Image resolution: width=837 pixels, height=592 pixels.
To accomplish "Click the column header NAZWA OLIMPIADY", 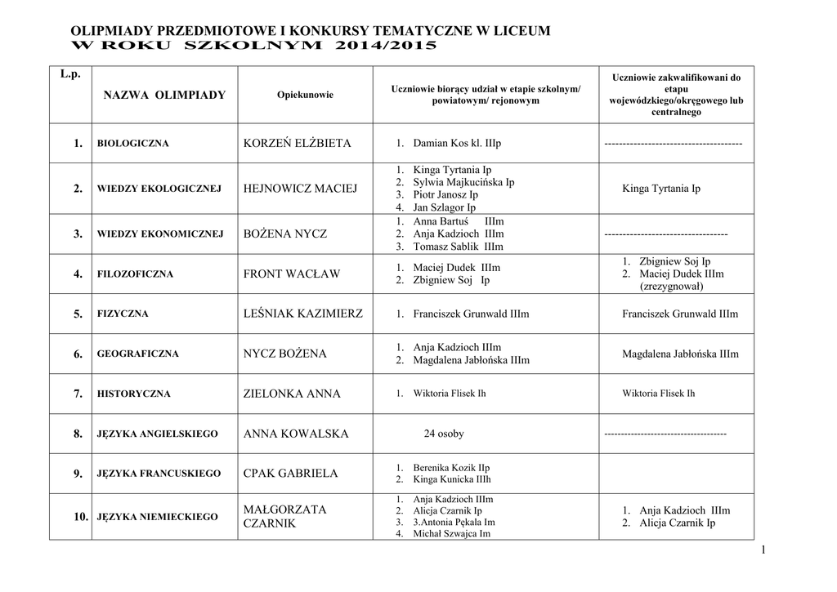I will click(164, 96).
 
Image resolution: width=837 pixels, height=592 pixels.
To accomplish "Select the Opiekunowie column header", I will click(306, 96).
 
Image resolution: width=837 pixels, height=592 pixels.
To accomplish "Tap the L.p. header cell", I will click(71, 75).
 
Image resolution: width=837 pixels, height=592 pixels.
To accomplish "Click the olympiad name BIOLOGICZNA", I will click(132, 144).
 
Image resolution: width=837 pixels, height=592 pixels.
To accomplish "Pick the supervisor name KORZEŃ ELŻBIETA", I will click(298, 144).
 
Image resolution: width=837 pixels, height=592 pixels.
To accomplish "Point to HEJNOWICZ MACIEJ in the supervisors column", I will click(301, 189).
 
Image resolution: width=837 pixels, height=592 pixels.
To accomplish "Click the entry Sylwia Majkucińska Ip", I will click(463, 182).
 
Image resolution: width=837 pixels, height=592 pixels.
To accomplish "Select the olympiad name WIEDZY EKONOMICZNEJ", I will click(160, 234).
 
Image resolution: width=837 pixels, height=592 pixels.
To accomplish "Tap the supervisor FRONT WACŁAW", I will click(292, 274).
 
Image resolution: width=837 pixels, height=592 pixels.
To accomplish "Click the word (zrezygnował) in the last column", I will click(671, 287).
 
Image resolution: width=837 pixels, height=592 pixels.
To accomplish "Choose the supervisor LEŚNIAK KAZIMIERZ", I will click(303, 314).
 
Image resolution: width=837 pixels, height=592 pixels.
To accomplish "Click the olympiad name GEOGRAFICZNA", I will click(137, 354).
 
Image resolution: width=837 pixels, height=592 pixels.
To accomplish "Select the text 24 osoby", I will click(444, 434).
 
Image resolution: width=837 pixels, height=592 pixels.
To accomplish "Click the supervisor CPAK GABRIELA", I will click(291, 474).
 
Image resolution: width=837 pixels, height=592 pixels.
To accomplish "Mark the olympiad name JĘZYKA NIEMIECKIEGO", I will click(158, 517).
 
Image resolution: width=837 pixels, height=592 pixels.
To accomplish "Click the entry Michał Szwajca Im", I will click(451, 533).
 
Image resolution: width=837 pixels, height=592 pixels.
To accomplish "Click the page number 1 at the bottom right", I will click(763, 552).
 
